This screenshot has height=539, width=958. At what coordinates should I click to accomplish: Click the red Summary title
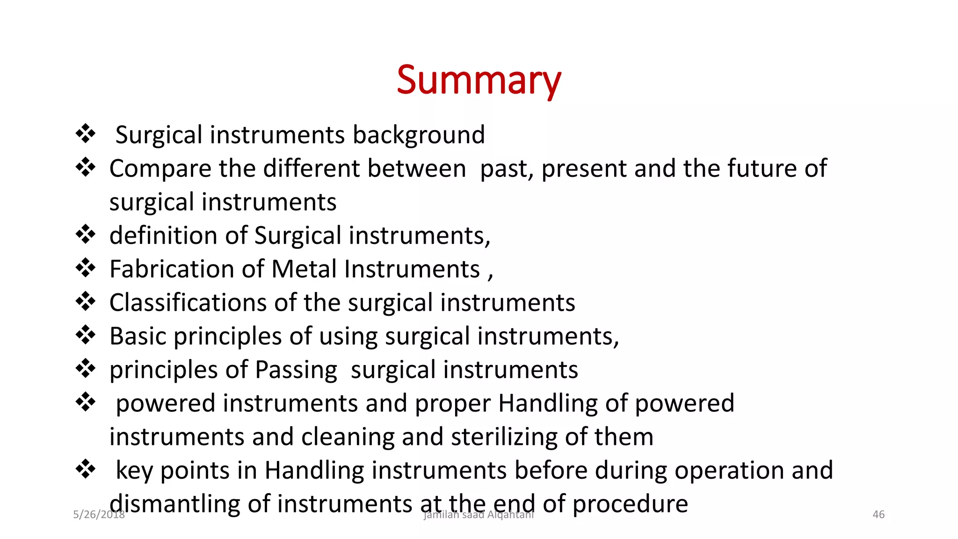[479, 80]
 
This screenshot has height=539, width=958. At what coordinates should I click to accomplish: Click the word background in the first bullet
[419, 135]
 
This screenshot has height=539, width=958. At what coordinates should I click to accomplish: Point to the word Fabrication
[171, 269]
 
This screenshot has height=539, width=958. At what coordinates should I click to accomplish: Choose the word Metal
[304, 269]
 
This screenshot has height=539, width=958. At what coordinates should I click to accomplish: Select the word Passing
[296, 370]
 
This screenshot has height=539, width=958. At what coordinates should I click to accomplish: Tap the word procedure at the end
[630, 504]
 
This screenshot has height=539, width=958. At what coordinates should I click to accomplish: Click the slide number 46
[878, 515]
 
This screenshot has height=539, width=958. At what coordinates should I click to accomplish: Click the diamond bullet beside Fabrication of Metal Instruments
[86, 268]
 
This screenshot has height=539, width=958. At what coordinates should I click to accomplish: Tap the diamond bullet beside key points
[86, 469]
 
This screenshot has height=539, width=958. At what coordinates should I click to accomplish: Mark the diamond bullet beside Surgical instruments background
[86, 134]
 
